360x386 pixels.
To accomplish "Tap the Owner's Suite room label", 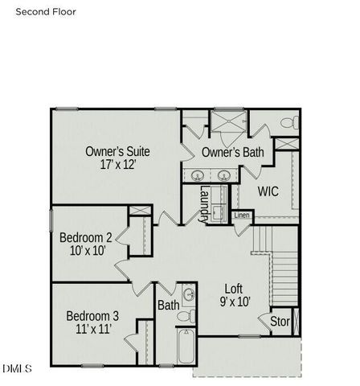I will pyautogui.click(x=118, y=150).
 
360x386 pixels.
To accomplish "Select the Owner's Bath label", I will pyautogui.click(x=232, y=152).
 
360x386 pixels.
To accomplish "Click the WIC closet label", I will pyautogui.click(x=268, y=191).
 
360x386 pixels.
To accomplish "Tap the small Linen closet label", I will pyautogui.click(x=241, y=216).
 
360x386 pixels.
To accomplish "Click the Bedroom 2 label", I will pyautogui.click(x=85, y=237).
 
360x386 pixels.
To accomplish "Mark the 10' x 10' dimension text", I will pyautogui.click(x=85, y=251).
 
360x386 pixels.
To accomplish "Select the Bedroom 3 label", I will pyautogui.click(x=92, y=314).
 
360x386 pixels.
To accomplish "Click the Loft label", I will pyautogui.click(x=233, y=287).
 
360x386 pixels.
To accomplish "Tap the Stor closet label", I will pyautogui.click(x=279, y=322).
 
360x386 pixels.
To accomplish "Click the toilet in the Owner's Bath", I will pyautogui.click(x=289, y=122).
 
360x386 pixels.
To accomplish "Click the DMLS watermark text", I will pyautogui.click(x=16, y=368).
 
